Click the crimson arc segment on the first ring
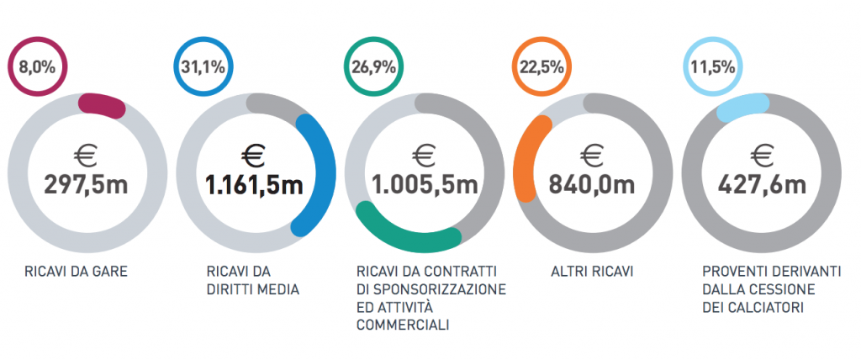pyautogui.click(x=103, y=104)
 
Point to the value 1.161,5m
pyautogui.click(x=255, y=183)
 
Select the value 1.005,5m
pyautogui.click(x=424, y=183)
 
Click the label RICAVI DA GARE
pyautogui.click(x=69, y=272)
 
